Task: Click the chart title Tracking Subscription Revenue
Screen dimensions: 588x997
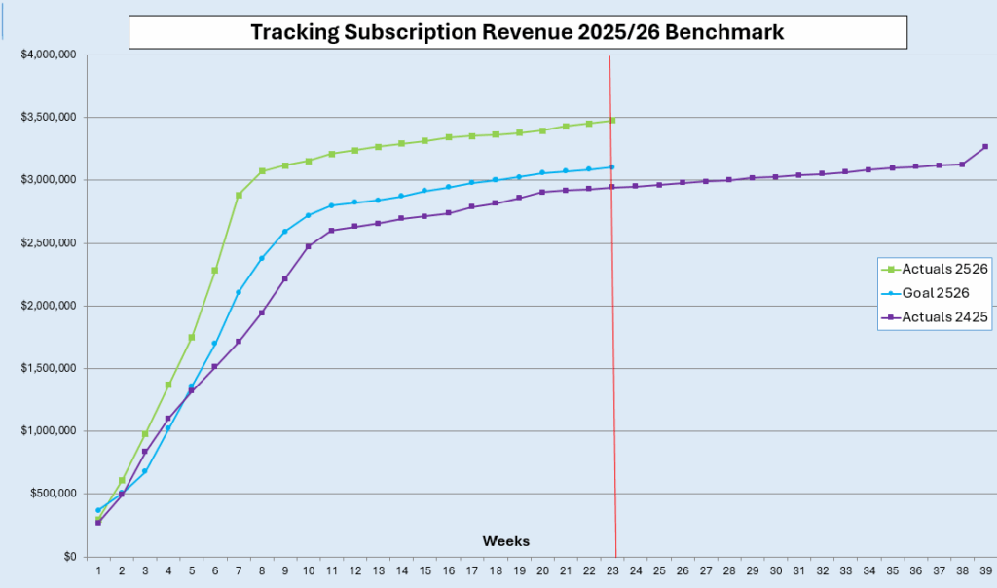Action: [x=517, y=32]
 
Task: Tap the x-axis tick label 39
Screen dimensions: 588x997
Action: [x=985, y=570]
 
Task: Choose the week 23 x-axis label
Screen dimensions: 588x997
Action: [x=612, y=570]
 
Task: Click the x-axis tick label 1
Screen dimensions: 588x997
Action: [x=98, y=570]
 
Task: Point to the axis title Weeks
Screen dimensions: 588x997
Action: [x=505, y=540]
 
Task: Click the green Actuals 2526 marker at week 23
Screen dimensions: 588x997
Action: [x=611, y=121]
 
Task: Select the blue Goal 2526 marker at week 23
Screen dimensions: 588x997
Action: [x=611, y=166]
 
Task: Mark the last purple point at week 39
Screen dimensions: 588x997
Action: [x=985, y=147]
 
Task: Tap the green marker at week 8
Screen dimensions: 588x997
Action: [x=262, y=171]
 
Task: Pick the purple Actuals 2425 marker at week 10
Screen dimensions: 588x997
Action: [x=309, y=246]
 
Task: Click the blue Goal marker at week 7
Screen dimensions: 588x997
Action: [x=239, y=292]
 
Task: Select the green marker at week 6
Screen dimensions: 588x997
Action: [x=215, y=271]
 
